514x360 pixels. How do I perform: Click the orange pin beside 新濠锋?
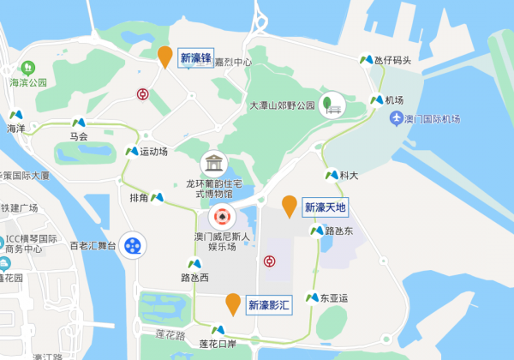click(x=165, y=56)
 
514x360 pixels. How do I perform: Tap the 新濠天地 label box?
click(x=326, y=207)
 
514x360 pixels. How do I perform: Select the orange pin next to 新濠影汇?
click(x=233, y=303)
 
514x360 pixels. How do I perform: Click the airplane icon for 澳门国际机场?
click(x=395, y=117)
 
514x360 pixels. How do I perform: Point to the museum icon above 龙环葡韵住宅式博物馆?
click(x=212, y=163)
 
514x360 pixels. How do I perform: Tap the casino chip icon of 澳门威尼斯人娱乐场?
click(x=221, y=216)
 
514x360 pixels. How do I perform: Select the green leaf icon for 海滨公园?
click(x=27, y=67)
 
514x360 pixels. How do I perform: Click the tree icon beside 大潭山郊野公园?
click(x=330, y=104)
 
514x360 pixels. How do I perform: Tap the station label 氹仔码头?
click(x=392, y=60)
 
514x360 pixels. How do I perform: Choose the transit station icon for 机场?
click(x=376, y=99)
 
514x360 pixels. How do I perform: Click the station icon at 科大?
click(x=331, y=175)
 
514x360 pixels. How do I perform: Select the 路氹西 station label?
click(x=194, y=278)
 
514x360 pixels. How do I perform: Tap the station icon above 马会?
click(x=79, y=123)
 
